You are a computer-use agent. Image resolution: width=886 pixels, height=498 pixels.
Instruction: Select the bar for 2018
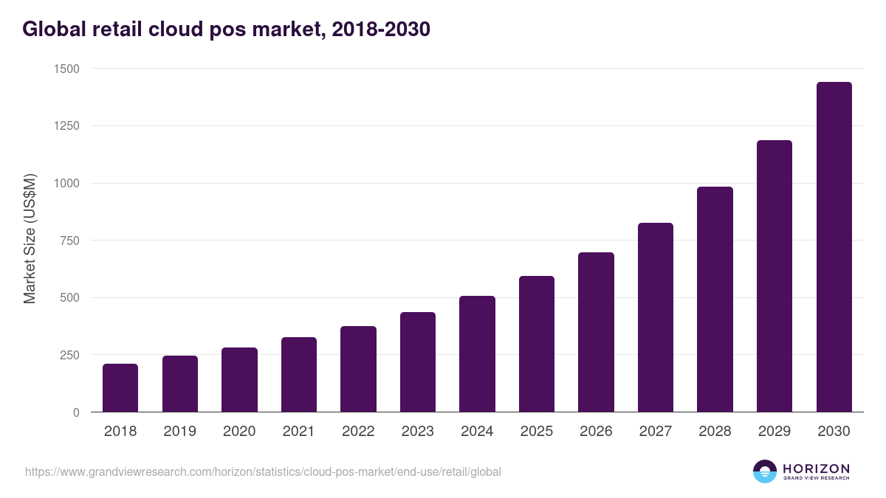(120, 388)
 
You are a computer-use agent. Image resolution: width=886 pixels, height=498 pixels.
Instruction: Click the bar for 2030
(834, 247)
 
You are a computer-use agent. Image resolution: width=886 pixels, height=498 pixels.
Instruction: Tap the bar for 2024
(477, 354)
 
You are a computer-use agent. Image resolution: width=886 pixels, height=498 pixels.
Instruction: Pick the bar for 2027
(656, 317)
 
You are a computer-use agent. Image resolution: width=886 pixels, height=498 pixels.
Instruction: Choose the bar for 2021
(299, 375)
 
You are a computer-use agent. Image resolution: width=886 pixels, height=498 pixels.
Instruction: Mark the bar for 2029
(774, 276)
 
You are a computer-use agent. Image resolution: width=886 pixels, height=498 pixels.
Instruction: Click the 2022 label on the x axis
(358, 432)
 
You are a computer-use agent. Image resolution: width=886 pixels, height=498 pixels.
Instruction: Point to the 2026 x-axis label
(596, 432)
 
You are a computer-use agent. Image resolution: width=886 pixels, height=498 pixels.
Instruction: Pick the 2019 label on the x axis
(179, 432)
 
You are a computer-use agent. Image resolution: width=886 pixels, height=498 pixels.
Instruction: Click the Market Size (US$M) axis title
(30, 239)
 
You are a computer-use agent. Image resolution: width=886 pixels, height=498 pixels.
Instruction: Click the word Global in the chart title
(56, 30)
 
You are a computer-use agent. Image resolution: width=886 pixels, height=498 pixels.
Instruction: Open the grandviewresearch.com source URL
(263, 471)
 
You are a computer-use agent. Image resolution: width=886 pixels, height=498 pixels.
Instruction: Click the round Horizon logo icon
(765, 471)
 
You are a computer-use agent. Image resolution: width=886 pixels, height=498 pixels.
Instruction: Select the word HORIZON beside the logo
(816, 468)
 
